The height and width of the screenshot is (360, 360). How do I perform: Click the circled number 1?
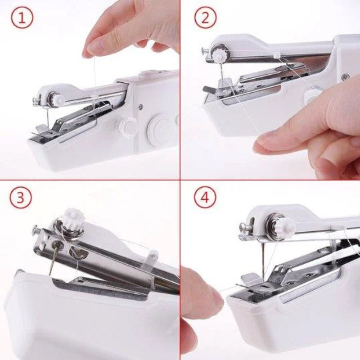coord(22,19)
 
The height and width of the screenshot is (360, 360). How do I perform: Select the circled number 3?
coord(21,198)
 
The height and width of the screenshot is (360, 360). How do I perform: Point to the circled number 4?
coord(205,198)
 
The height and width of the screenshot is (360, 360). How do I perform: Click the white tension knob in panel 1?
coord(57,99)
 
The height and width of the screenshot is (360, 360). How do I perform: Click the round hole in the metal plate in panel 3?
coord(58,245)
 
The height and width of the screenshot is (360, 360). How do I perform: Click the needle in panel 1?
coord(46,117)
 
